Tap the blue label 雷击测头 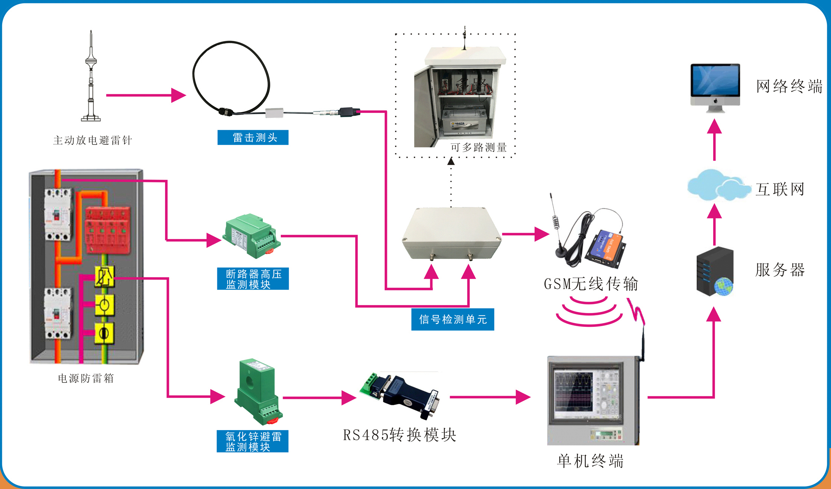pyautogui.click(x=253, y=137)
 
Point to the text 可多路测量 pyautogui.click(x=479, y=147)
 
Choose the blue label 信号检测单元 pyautogui.click(x=453, y=319)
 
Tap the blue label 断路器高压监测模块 pyautogui.click(x=253, y=279)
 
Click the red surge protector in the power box pyautogui.click(x=107, y=230)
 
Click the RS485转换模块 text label pyautogui.click(x=400, y=435)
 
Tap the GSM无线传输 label pyautogui.click(x=591, y=284)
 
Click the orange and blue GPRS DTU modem pyautogui.click(x=605, y=248)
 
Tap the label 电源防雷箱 pyautogui.click(x=86, y=378)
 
